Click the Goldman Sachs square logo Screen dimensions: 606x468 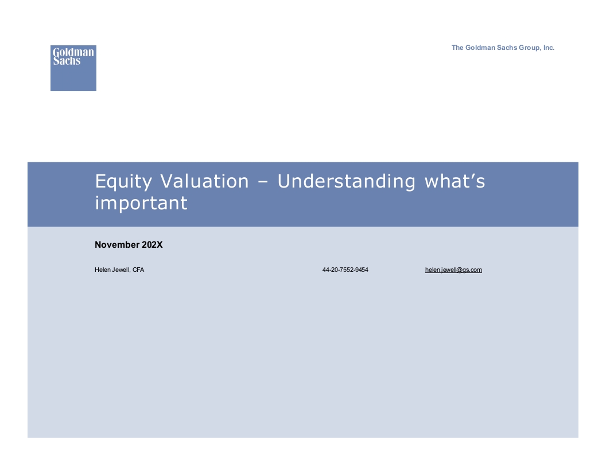73,68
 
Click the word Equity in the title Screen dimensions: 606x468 123,182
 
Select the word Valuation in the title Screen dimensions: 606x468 204,181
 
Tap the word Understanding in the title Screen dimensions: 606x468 346,182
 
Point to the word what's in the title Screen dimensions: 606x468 455,181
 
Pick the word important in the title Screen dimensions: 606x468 141,203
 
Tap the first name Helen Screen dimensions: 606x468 102,270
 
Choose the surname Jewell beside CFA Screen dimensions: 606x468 121,270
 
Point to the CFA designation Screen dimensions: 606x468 138,270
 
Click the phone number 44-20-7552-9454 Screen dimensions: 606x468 345,270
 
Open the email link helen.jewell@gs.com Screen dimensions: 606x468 453,270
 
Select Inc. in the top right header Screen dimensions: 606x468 549,48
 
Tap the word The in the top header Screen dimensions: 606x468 457,48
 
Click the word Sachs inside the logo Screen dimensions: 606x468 67,61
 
